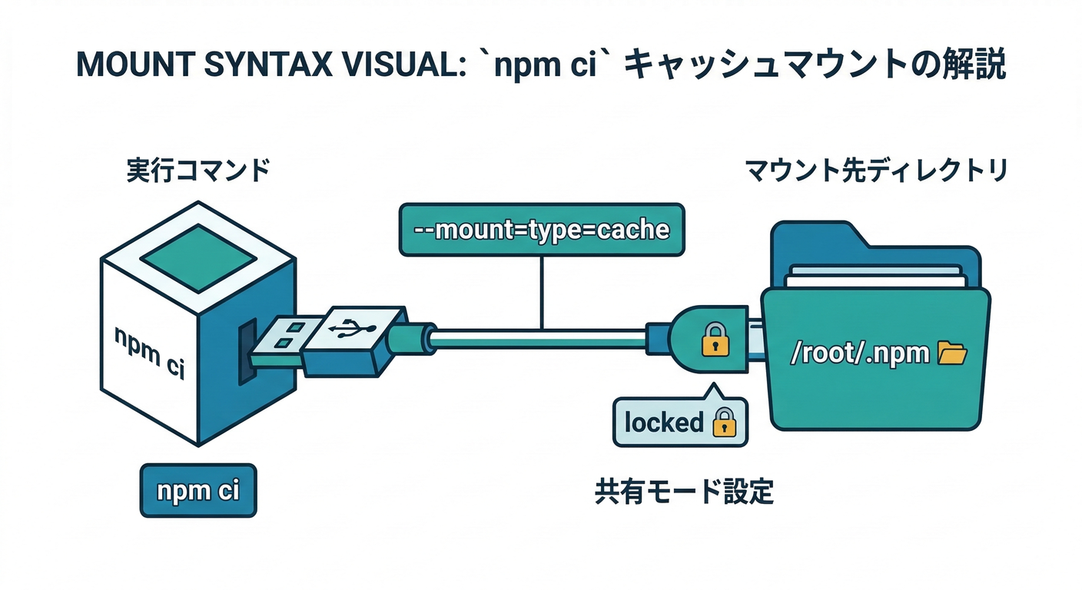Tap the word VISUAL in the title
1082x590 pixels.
tap(395, 65)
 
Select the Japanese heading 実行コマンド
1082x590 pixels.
tap(198, 171)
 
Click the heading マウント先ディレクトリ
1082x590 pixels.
tap(876, 171)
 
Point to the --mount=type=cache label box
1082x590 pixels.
tap(541, 229)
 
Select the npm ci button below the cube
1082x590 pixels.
tap(198, 489)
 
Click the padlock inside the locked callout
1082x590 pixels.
tap(724, 423)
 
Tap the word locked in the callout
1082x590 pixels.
tap(664, 423)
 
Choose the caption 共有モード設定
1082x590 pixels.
tap(684, 492)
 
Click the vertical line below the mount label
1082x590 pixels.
tap(543, 292)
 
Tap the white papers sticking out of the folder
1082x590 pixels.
tap(873, 276)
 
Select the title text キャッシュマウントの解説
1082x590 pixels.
tap(815, 65)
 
